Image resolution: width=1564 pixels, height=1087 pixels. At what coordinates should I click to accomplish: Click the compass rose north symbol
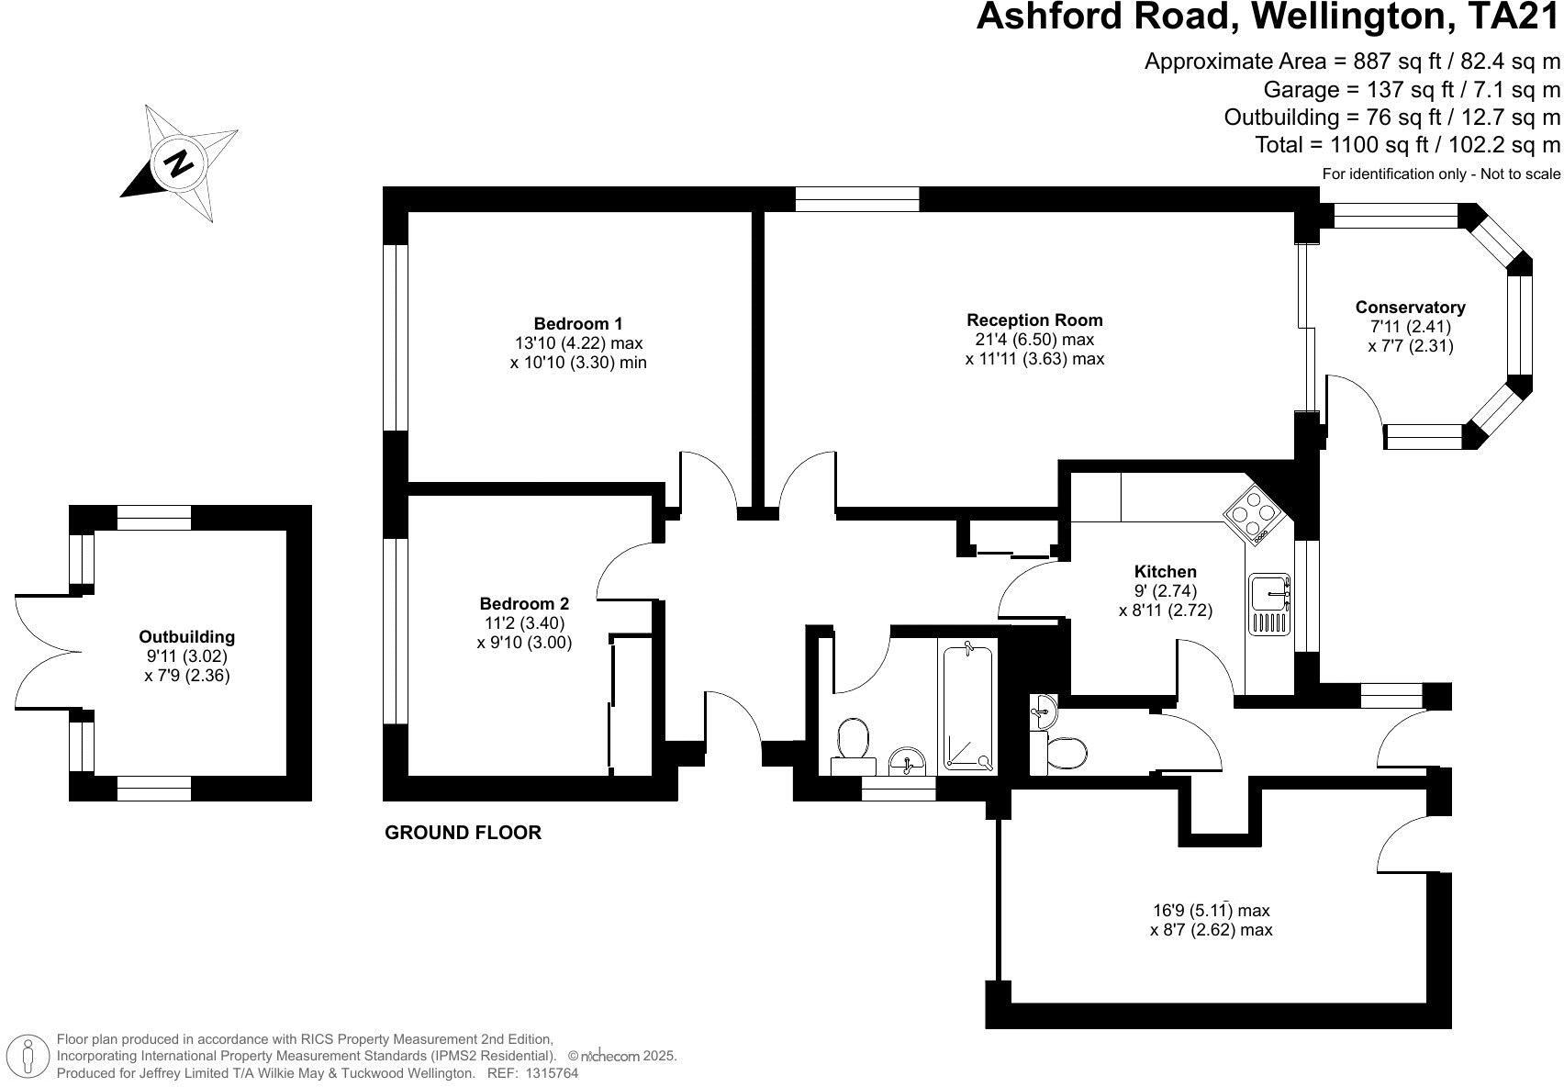coord(178,163)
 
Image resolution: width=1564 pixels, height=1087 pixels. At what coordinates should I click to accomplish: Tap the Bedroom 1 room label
coord(578,324)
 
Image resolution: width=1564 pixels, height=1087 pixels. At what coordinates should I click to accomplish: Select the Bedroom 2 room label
coord(524,604)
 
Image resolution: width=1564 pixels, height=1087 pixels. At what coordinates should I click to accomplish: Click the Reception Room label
coord(1034,320)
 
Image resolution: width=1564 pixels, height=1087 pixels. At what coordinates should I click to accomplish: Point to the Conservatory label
coord(1410,308)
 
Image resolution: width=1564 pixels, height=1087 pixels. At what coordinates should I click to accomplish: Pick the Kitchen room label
coord(1165,572)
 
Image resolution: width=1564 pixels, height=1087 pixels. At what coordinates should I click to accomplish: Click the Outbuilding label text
coord(186,637)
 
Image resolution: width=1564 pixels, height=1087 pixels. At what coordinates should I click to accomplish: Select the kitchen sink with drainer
coord(1270,603)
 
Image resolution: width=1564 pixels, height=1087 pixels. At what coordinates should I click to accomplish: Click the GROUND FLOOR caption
coord(463,833)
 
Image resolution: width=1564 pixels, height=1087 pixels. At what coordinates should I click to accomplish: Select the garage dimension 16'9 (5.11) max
coord(1211,911)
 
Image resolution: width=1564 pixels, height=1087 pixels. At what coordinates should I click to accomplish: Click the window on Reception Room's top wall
coord(856,198)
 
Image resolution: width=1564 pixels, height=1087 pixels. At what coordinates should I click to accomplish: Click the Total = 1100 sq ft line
coord(1407,144)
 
